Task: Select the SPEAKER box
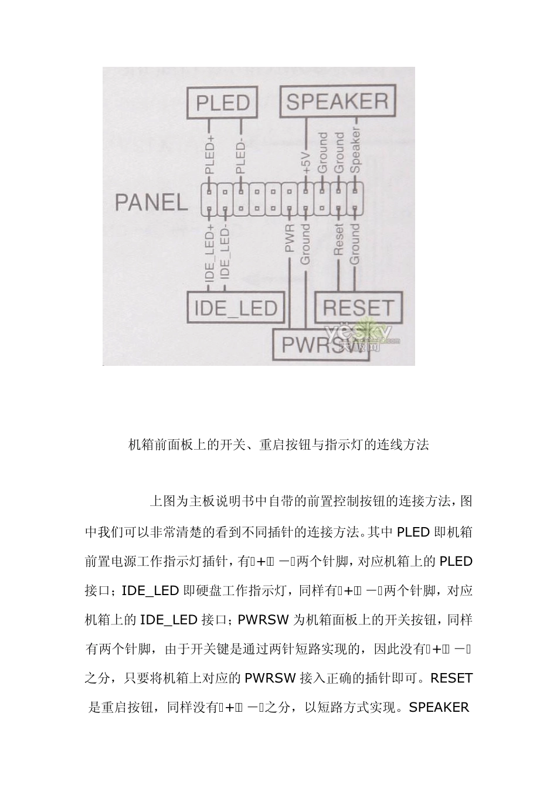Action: (x=337, y=101)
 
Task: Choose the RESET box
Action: (x=359, y=307)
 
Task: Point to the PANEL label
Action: (x=151, y=203)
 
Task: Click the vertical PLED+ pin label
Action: (x=209, y=154)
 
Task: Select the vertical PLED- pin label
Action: (x=240, y=156)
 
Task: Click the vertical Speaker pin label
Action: (x=355, y=150)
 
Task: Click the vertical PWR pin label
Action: (x=290, y=238)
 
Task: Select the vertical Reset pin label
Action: (x=338, y=240)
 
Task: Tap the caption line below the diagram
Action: (x=278, y=444)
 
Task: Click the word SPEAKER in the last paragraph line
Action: (x=439, y=707)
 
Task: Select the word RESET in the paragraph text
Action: (x=451, y=678)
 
